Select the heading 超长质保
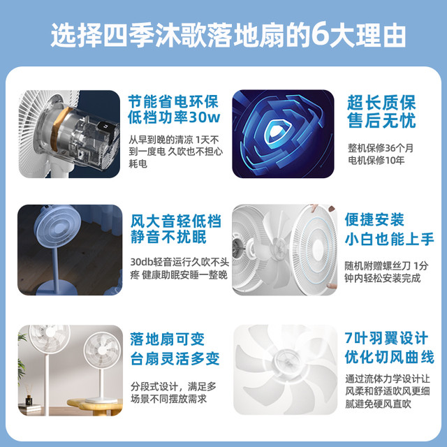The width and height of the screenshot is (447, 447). tap(381, 103)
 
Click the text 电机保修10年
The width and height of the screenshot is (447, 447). tap(376, 160)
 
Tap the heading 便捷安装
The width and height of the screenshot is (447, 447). tap(374, 219)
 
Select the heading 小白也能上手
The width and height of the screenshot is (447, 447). tap(389, 239)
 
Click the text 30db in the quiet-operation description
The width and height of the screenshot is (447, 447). tap(142, 261)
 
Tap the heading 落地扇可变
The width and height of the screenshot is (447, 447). tap(168, 339)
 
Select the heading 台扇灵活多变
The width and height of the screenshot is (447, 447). tap(175, 358)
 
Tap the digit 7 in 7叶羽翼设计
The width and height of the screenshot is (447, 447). tap(349, 338)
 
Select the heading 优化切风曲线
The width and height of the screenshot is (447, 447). tap(389, 357)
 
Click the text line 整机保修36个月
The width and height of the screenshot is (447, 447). tap(380, 148)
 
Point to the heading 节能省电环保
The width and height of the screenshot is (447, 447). tap(173, 101)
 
